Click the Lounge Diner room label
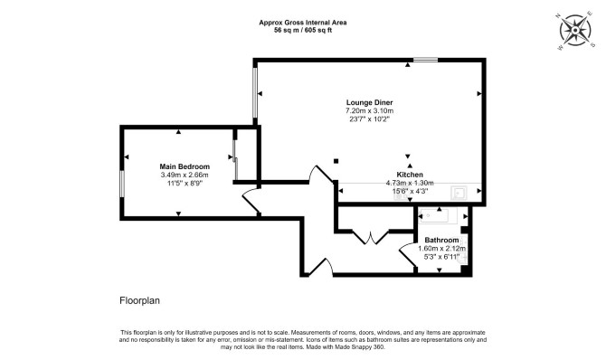click(369, 102)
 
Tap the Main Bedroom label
click(185, 166)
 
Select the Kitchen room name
click(410, 175)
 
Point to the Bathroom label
click(441, 240)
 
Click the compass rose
click(575, 30)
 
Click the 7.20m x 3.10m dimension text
click(369, 111)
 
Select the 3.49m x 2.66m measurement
click(185, 175)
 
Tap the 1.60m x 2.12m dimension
click(441, 248)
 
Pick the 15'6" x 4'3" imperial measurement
click(410, 191)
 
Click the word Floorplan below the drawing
click(139, 300)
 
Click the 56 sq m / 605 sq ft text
click(303, 30)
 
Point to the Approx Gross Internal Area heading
click(303, 23)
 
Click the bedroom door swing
click(251, 200)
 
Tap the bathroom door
click(407, 256)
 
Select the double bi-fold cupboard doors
click(370, 237)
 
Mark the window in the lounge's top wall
click(425, 60)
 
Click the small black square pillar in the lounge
click(336, 161)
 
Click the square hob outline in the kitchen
click(459, 193)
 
